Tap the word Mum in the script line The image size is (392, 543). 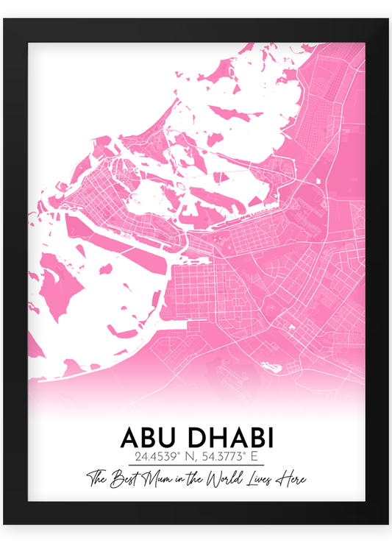point(158,479)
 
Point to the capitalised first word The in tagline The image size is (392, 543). point(98,479)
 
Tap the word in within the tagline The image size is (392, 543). point(181,480)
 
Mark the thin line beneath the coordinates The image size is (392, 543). point(196,466)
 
